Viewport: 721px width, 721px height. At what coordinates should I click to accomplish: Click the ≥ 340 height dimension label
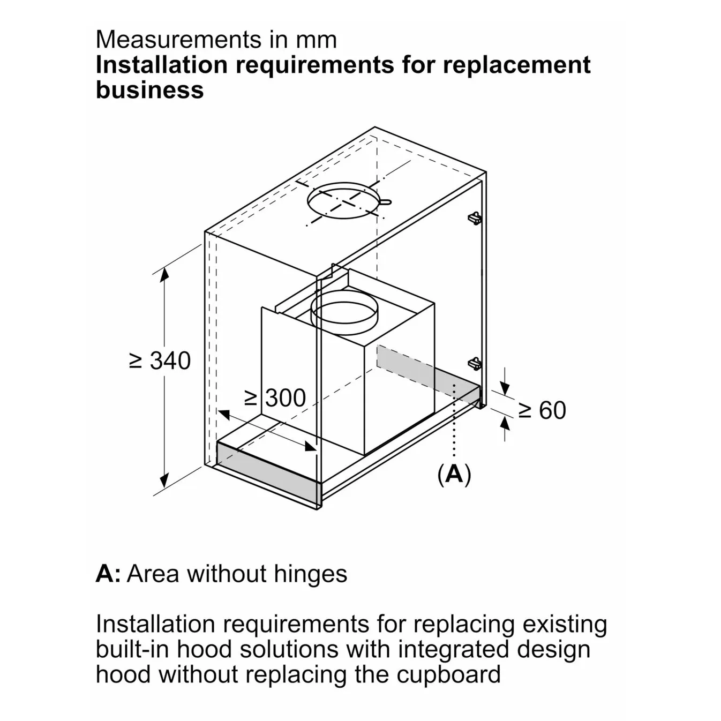pyautogui.click(x=160, y=360)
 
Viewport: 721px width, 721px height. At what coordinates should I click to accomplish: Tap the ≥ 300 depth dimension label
pyautogui.click(x=275, y=398)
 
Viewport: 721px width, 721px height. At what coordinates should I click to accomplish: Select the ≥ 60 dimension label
pyautogui.click(x=542, y=410)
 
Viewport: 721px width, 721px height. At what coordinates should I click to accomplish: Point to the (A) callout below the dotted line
pyautogui.click(x=454, y=474)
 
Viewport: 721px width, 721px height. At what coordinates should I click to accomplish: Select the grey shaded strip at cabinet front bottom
pyautogui.click(x=268, y=468)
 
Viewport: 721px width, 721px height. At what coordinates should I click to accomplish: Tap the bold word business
pyautogui.click(x=149, y=89)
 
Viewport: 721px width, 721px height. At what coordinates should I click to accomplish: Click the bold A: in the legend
pyautogui.click(x=108, y=574)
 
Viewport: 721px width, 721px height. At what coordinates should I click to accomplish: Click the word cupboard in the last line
pyautogui.click(x=448, y=674)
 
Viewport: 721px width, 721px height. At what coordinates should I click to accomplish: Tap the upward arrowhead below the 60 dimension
pyautogui.click(x=505, y=424)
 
